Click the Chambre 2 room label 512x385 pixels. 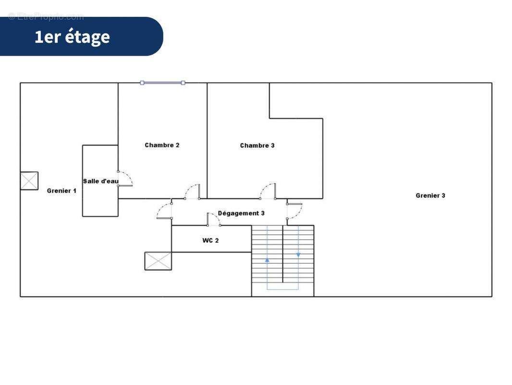(x=162, y=145)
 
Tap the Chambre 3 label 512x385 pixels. (x=257, y=145)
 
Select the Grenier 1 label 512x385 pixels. (x=61, y=191)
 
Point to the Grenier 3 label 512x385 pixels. (x=430, y=195)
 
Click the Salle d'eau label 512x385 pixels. (x=100, y=181)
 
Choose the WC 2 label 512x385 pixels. (x=210, y=240)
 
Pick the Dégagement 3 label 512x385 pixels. (x=241, y=213)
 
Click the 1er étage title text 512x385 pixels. (x=72, y=37)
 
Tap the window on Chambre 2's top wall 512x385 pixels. (x=162, y=83)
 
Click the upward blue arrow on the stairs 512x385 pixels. (x=267, y=260)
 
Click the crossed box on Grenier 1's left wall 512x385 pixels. (x=29, y=181)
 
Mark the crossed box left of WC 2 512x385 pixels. (x=158, y=261)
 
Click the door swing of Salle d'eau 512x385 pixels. (x=126, y=178)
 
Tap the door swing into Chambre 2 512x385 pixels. (x=193, y=191)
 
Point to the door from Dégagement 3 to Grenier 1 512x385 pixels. (x=164, y=211)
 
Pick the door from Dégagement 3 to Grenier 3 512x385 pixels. (x=294, y=211)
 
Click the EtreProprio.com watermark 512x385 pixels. (x=46, y=17)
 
